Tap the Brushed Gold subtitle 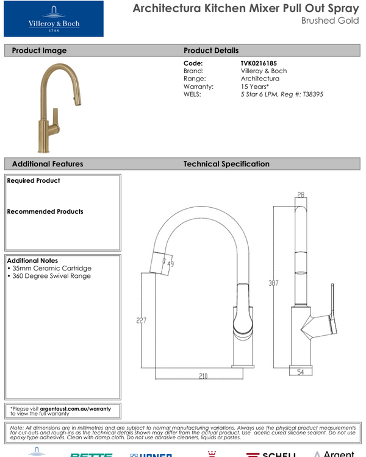pos(328,20)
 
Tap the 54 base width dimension pos(300,372)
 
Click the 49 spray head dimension pos(170,264)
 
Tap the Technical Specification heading pos(226,164)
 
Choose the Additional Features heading pos(48,164)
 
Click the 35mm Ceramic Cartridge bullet pos(49,268)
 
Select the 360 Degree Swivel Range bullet pos(49,276)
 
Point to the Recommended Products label pos(45,211)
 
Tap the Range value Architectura pos(260,79)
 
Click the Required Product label pos(34,180)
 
